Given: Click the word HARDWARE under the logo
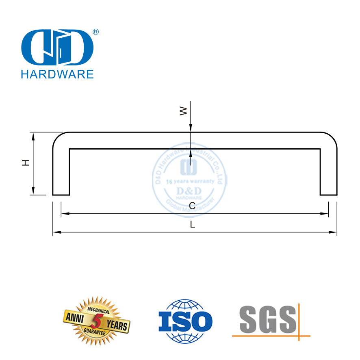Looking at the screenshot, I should pyautogui.click(x=56, y=74).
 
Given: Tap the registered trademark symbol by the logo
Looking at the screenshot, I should pyautogui.click(x=96, y=32).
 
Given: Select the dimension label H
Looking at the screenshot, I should pyautogui.click(x=26, y=163).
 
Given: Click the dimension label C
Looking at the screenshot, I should pyautogui.click(x=192, y=206).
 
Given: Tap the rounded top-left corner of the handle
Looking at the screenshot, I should pyautogui.click(x=59, y=138).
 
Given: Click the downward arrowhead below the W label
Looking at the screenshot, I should pyautogui.click(x=191, y=129).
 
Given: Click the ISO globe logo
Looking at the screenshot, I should pyautogui.click(x=185, y=321).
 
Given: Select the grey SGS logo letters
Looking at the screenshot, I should pyautogui.click(x=267, y=319).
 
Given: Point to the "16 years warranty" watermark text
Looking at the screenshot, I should pyautogui.click(x=190, y=181).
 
